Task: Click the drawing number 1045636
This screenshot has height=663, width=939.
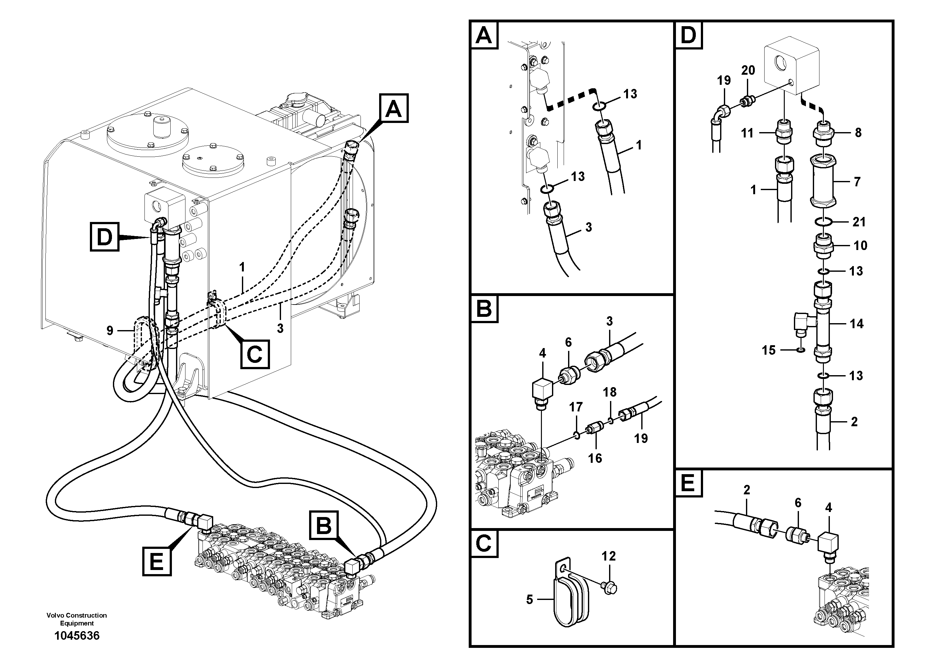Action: [77, 636]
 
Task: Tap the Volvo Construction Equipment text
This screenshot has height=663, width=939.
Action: [77, 619]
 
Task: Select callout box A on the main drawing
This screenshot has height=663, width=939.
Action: [393, 108]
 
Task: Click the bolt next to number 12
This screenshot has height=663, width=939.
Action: [609, 588]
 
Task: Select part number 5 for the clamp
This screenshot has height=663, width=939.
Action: [530, 600]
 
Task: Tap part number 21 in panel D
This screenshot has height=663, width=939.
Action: [859, 222]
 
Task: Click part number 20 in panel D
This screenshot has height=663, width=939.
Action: [748, 70]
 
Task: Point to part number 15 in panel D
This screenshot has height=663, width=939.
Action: [768, 350]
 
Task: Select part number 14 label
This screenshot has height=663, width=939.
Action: [856, 324]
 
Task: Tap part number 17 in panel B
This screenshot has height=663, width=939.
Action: [576, 407]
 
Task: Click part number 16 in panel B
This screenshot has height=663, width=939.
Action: [595, 458]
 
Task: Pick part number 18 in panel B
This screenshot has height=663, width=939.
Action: [609, 392]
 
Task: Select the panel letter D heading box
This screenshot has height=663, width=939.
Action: [688, 35]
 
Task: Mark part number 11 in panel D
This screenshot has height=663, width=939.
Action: [747, 133]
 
